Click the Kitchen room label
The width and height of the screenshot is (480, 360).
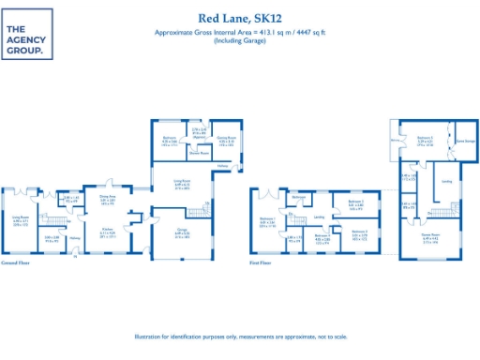point(109,231)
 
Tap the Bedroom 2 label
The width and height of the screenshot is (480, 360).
point(355,201)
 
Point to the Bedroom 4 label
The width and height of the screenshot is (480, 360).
point(322,236)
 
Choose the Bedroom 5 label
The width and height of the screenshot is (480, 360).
point(424,138)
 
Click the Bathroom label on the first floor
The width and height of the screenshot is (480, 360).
point(298,196)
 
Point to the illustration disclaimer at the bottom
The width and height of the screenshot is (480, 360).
point(240,337)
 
